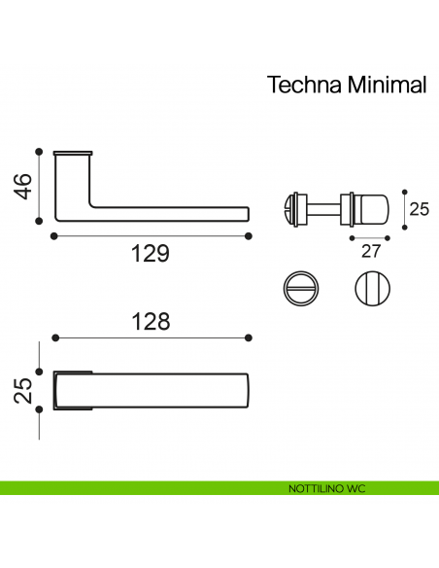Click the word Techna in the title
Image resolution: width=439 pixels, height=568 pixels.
click(x=302, y=85)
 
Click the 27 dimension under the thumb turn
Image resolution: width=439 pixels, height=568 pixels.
click(x=370, y=252)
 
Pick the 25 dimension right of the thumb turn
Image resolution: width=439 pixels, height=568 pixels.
click(x=419, y=208)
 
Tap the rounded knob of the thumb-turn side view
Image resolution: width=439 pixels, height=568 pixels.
click(x=370, y=208)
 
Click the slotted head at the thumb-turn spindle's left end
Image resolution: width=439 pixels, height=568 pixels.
click(x=288, y=208)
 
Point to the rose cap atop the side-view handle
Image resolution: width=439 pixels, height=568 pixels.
click(x=73, y=154)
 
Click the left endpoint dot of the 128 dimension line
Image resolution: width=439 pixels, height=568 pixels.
click(x=55, y=337)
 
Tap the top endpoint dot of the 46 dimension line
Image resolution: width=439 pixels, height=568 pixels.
click(x=38, y=151)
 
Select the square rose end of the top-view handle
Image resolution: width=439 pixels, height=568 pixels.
click(x=73, y=391)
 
